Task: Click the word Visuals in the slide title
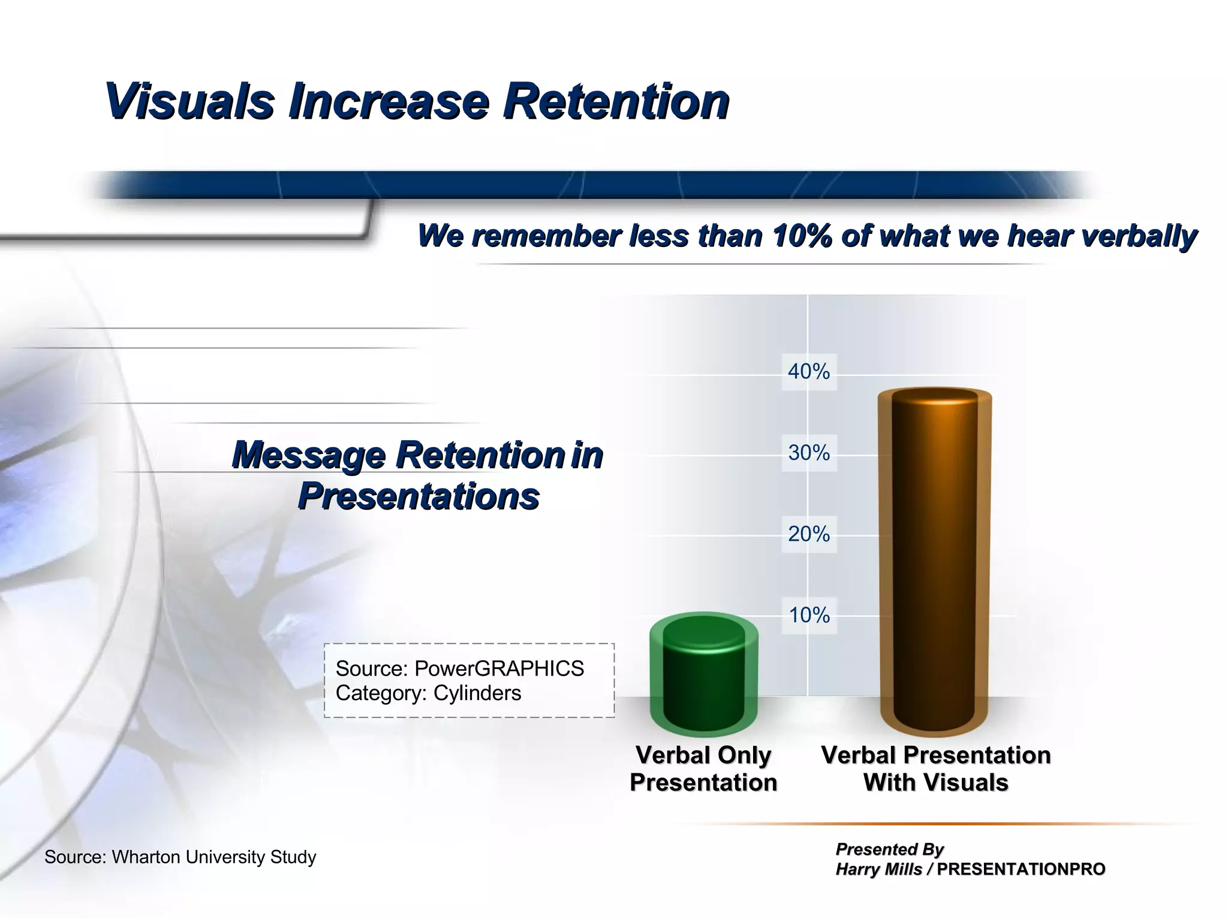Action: coord(189,102)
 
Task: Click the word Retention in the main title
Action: coord(616,102)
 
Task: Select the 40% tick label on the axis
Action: coord(808,372)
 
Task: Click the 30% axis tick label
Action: coord(808,453)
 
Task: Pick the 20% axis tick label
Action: coord(808,534)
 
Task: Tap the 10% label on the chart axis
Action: coord(808,615)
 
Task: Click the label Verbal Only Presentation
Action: coord(703,769)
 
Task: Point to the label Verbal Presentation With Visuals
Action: coord(935,769)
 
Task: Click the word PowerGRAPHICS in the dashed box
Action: coord(499,668)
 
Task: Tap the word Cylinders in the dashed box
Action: coord(477,693)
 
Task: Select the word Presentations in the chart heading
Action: coord(419,496)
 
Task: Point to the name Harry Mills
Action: coord(878,869)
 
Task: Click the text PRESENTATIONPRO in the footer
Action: coord(1021,869)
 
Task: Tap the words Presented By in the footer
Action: coord(889,849)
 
